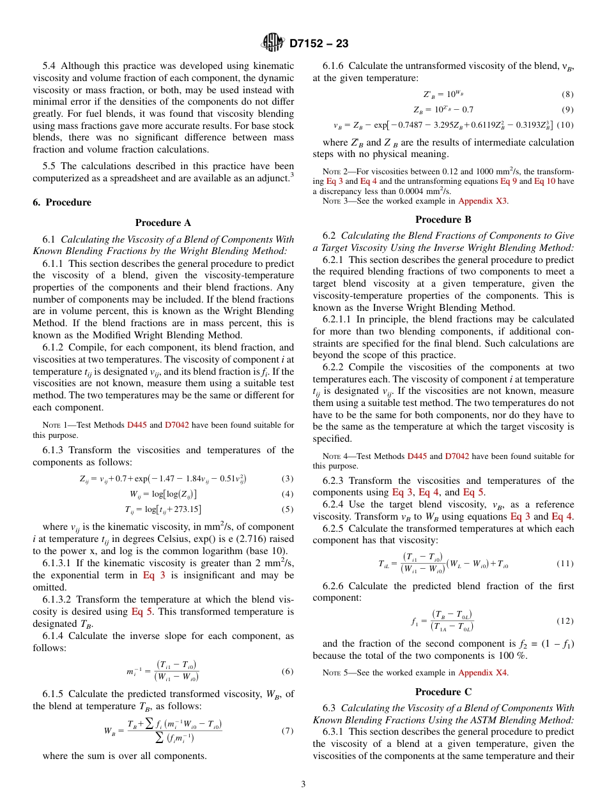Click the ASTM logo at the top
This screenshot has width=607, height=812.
tap(273, 43)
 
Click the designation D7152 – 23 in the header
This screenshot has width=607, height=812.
tap(319, 44)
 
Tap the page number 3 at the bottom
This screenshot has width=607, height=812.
tap(303, 784)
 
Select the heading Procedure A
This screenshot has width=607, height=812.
tap(163, 223)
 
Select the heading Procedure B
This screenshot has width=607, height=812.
tap(443, 220)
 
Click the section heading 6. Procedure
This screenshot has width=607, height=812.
tap(62, 202)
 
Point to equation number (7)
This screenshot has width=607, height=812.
tap(288, 730)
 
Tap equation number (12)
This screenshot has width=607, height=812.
tap(565, 620)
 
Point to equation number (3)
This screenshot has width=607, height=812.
tap(288, 479)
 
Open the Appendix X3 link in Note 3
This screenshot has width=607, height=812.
tap(483, 200)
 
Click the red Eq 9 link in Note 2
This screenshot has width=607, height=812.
tap(509, 181)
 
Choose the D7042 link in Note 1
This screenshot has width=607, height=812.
tap(177, 425)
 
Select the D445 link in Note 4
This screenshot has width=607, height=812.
tap(417, 456)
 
